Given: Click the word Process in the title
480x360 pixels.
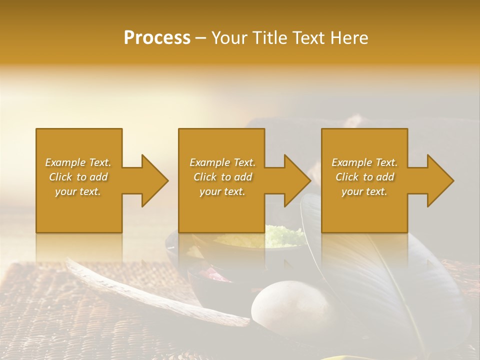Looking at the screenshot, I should coord(157,38).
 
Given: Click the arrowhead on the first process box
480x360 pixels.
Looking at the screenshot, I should coord(155,180).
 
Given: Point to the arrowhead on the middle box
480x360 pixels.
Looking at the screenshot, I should coord(298,180).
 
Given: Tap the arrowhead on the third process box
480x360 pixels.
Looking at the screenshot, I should coord(440,180).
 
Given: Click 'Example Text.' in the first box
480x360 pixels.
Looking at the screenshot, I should coord(78,162).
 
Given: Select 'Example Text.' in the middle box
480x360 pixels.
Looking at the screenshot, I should coord(222,162).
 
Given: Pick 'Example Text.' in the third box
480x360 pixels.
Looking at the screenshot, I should coord(364,162).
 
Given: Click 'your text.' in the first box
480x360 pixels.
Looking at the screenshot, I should coord(78,191).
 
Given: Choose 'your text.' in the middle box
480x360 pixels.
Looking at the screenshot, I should coord(222,191).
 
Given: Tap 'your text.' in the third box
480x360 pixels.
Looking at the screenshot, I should coord(364,191).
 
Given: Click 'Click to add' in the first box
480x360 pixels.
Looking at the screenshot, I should coord(78,177).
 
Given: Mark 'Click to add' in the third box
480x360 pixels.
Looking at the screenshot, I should coord(364,177).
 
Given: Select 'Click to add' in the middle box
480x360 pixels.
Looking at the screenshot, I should coord(222,177).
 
